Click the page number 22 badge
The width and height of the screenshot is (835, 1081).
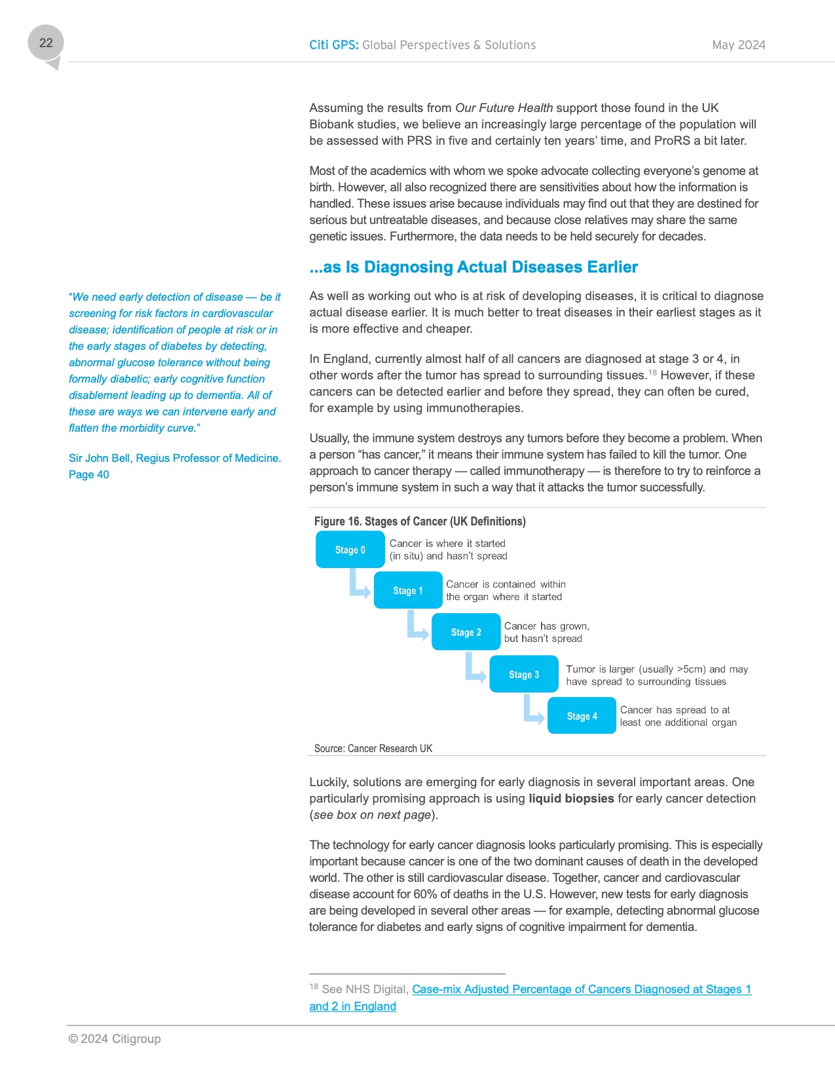[x=46, y=43]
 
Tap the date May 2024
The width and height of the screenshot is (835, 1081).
[x=739, y=45]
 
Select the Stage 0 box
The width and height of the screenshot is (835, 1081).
[x=350, y=550]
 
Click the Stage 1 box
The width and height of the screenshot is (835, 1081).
[x=408, y=590]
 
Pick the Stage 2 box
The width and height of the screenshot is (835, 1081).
[x=466, y=632]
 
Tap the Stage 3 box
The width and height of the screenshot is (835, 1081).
[x=524, y=674]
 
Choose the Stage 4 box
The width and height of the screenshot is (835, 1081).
[x=582, y=716]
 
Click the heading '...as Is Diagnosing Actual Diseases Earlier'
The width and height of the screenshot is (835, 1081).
[x=473, y=267]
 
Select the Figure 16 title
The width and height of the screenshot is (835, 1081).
[x=420, y=522]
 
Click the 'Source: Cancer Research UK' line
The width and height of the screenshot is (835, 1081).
[x=373, y=748]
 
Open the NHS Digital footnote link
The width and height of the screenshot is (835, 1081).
[x=582, y=989]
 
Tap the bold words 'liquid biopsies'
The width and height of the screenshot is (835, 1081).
[x=571, y=799]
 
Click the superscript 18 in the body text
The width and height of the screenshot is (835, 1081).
[x=652, y=373]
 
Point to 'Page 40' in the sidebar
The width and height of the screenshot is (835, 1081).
[x=89, y=474]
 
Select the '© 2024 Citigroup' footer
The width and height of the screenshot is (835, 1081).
[x=115, y=1038]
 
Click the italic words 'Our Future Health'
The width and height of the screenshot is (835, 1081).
[x=504, y=108]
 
